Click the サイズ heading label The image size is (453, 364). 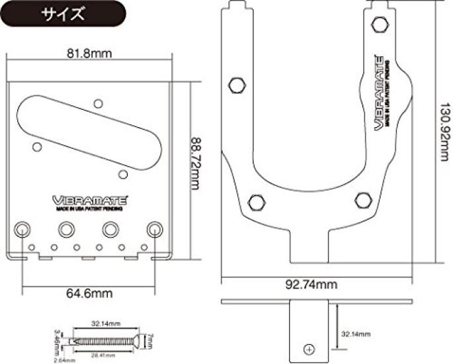pyautogui.click(x=64, y=14)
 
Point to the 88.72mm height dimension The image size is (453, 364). pyautogui.click(x=196, y=163)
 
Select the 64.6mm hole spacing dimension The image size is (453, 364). pyautogui.click(x=90, y=292)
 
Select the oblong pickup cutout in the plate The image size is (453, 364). pyautogui.click(x=89, y=129)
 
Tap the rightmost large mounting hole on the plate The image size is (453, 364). pyautogui.click(x=155, y=229)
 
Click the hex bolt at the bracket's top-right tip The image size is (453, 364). pyautogui.click(x=379, y=25)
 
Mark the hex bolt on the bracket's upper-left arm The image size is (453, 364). pyautogui.click(x=236, y=85)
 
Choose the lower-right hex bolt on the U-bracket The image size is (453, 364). pyautogui.click(x=361, y=200)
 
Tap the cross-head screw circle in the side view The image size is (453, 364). pyautogui.click(x=309, y=349)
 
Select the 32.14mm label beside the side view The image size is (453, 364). pyautogui.click(x=356, y=334)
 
